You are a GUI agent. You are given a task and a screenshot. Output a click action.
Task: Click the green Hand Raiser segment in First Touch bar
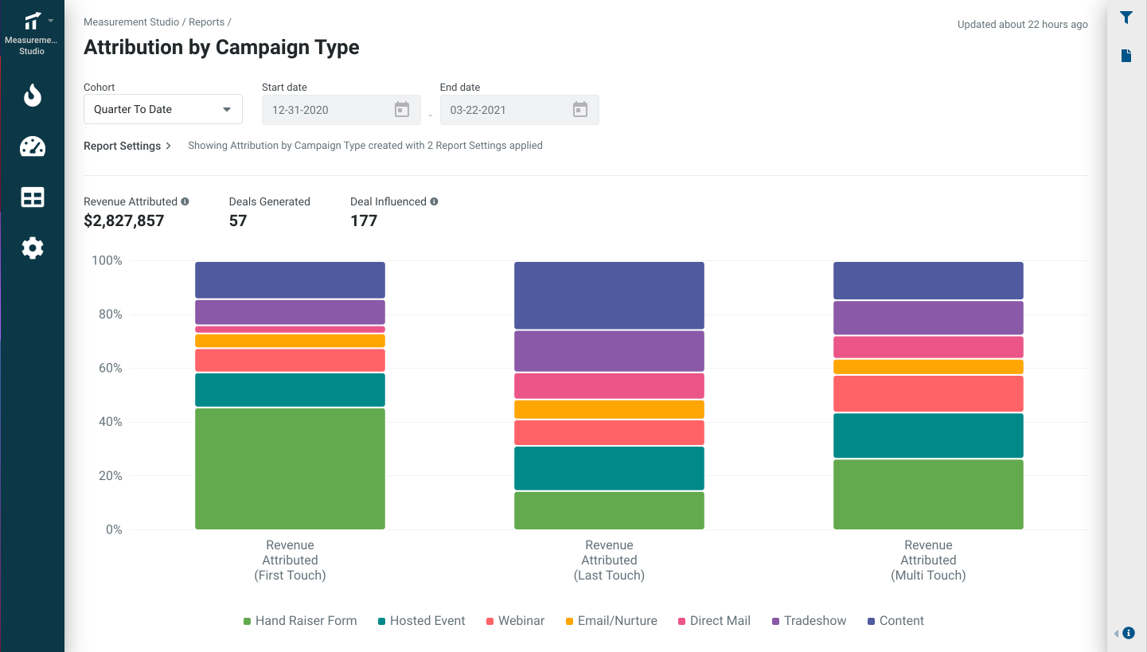tap(290, 468)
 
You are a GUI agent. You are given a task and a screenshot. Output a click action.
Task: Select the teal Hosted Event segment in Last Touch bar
tap(609, 468)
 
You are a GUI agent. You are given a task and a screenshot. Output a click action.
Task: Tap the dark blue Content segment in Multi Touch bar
tap(928, 280)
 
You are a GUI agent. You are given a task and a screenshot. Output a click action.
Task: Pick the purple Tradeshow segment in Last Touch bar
tap(609, 351)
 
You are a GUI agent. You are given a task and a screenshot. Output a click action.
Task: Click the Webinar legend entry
tap(515, 621)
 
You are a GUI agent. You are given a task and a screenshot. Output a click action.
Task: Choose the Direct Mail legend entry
tap(713, 621)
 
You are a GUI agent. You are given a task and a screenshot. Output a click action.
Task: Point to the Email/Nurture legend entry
tap(611, 621)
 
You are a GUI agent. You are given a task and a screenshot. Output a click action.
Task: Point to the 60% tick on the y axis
tap(107, 369)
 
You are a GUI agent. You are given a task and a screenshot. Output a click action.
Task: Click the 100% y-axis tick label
tap(107, 261)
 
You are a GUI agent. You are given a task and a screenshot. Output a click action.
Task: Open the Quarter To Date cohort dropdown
tap(162, 110)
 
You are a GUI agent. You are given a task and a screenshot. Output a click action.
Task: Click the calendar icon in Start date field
tap(402, 110)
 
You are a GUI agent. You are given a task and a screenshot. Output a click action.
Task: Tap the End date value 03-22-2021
tap(478, 110)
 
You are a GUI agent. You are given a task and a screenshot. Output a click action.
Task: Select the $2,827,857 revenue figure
tap(123, 221)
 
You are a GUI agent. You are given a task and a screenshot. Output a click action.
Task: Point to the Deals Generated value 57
tap(238, 221)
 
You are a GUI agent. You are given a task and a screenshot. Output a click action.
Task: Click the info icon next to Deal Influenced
tap(434, 202)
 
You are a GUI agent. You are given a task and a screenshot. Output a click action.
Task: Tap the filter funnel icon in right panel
tap(1126, 18)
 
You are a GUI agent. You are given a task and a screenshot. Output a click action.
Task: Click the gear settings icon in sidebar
tap(33, 248)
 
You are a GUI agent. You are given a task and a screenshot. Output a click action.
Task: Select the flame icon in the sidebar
tap(33, 96)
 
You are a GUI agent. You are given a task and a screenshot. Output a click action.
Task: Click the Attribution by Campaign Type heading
tap(221, 48)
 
